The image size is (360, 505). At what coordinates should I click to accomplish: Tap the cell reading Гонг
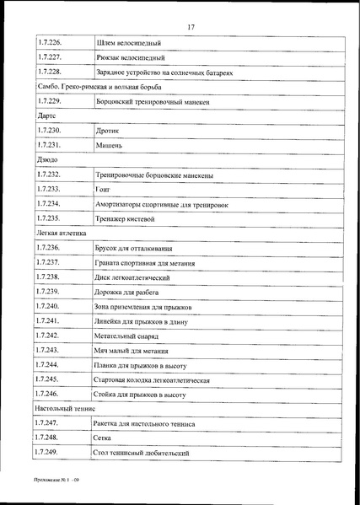(105, 191)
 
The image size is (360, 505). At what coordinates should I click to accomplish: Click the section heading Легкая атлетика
(61, 230)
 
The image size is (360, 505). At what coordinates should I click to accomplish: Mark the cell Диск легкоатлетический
(135, 277)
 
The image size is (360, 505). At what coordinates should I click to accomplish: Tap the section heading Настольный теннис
(65, 407)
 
